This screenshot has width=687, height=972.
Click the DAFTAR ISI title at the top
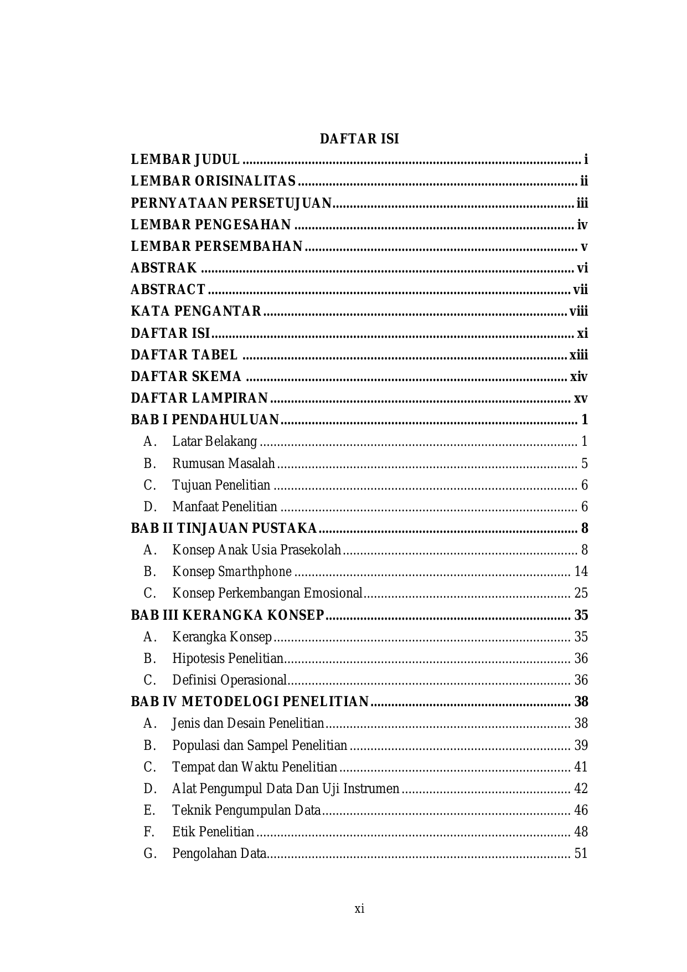[359, 139]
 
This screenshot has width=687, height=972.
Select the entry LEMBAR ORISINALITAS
[213, 182]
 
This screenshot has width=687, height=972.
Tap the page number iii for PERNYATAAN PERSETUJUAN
[582, 203]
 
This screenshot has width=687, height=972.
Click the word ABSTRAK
[164, 268]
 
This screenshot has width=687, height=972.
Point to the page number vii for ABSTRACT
[580, 290]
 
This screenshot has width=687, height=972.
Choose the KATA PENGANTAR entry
[196, 311]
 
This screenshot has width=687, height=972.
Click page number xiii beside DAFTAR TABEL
[578, 355]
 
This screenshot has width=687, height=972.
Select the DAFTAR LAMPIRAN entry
[199, 398]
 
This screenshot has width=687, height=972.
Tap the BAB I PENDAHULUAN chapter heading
[205, 420]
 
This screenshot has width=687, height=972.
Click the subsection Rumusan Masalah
[223, 463]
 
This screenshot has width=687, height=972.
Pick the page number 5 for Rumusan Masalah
[585, 463]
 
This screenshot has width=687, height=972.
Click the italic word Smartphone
[255, 572]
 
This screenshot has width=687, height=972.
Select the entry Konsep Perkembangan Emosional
[267, 593]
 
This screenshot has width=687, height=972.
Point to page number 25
[581, 593]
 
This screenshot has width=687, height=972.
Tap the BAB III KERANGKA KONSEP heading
[228, 615]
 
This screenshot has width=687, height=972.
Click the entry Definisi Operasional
[229, 680]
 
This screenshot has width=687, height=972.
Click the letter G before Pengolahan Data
[149, 853]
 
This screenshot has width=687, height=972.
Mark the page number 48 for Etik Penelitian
[581, 832]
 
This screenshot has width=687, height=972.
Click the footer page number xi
[359, 909]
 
